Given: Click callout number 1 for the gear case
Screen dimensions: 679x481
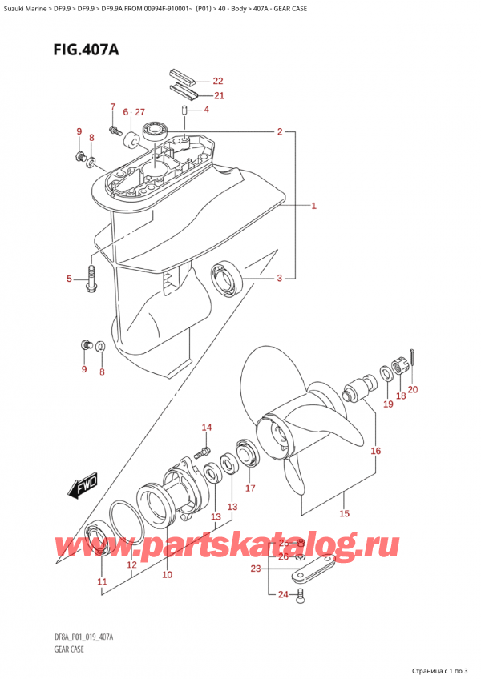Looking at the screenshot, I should point(315,206).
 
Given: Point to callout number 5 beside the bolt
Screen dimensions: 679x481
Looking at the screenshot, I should point(71,279).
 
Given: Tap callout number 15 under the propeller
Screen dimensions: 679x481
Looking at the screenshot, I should point(346,513).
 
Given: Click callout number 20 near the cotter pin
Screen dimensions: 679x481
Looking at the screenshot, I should point(413,390).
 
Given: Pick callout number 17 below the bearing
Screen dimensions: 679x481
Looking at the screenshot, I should point(250,488).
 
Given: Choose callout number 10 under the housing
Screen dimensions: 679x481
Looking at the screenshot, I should point(168,574).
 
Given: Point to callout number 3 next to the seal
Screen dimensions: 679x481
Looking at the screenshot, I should point(279,279).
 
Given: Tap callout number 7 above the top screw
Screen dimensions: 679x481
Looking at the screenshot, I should point(113,107).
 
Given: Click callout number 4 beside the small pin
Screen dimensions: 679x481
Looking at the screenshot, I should point(206,110).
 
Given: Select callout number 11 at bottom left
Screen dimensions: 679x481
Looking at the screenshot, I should point(101,581).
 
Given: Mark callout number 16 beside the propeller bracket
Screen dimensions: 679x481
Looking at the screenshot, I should point(375,452).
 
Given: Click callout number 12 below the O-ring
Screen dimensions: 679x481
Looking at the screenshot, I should point(132,565).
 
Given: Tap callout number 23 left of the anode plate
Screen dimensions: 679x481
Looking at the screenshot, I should point(255,569).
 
